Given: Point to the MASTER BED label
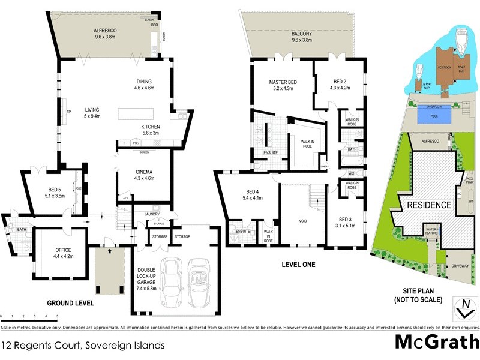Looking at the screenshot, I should coord(283,82).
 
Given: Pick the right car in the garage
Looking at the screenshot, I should coord(198,281).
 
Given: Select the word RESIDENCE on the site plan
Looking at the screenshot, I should coord(429,205).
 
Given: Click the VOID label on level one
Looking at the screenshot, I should coord(302,221).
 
